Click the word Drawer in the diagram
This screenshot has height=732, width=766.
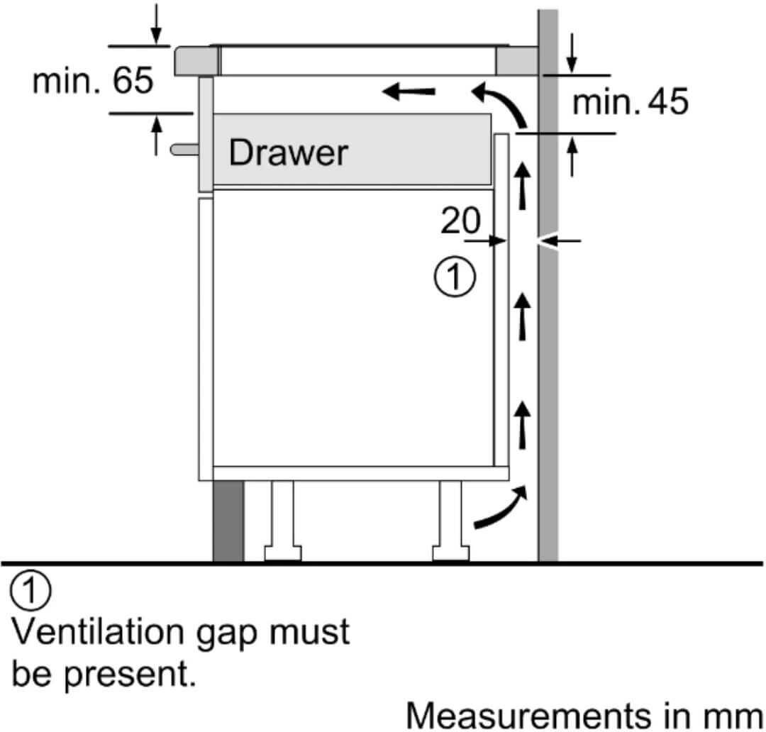[x=289, y=152]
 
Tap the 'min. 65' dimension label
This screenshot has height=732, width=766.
[x=92, y=82]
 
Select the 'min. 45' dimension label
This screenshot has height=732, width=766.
[x=630, y=103]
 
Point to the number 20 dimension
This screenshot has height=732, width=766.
[x=460, y=221]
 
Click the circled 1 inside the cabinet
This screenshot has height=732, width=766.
[x=455, y=277]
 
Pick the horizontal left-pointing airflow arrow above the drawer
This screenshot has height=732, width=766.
[x=409, y=90]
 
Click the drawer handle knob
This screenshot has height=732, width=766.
[x=183, y=149]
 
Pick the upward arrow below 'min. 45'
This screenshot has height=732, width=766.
[x=572, y=156]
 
